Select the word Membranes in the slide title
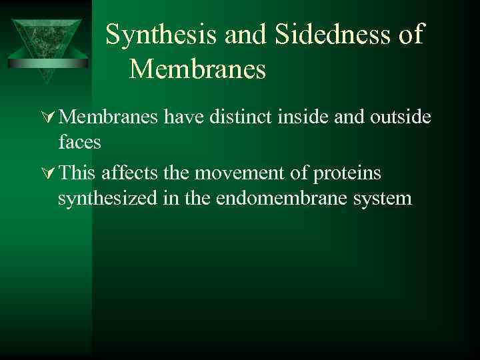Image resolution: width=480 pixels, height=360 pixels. point(197,69)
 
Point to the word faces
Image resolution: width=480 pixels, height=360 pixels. point(80,142)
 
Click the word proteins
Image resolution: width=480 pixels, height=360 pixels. point(346,173)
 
